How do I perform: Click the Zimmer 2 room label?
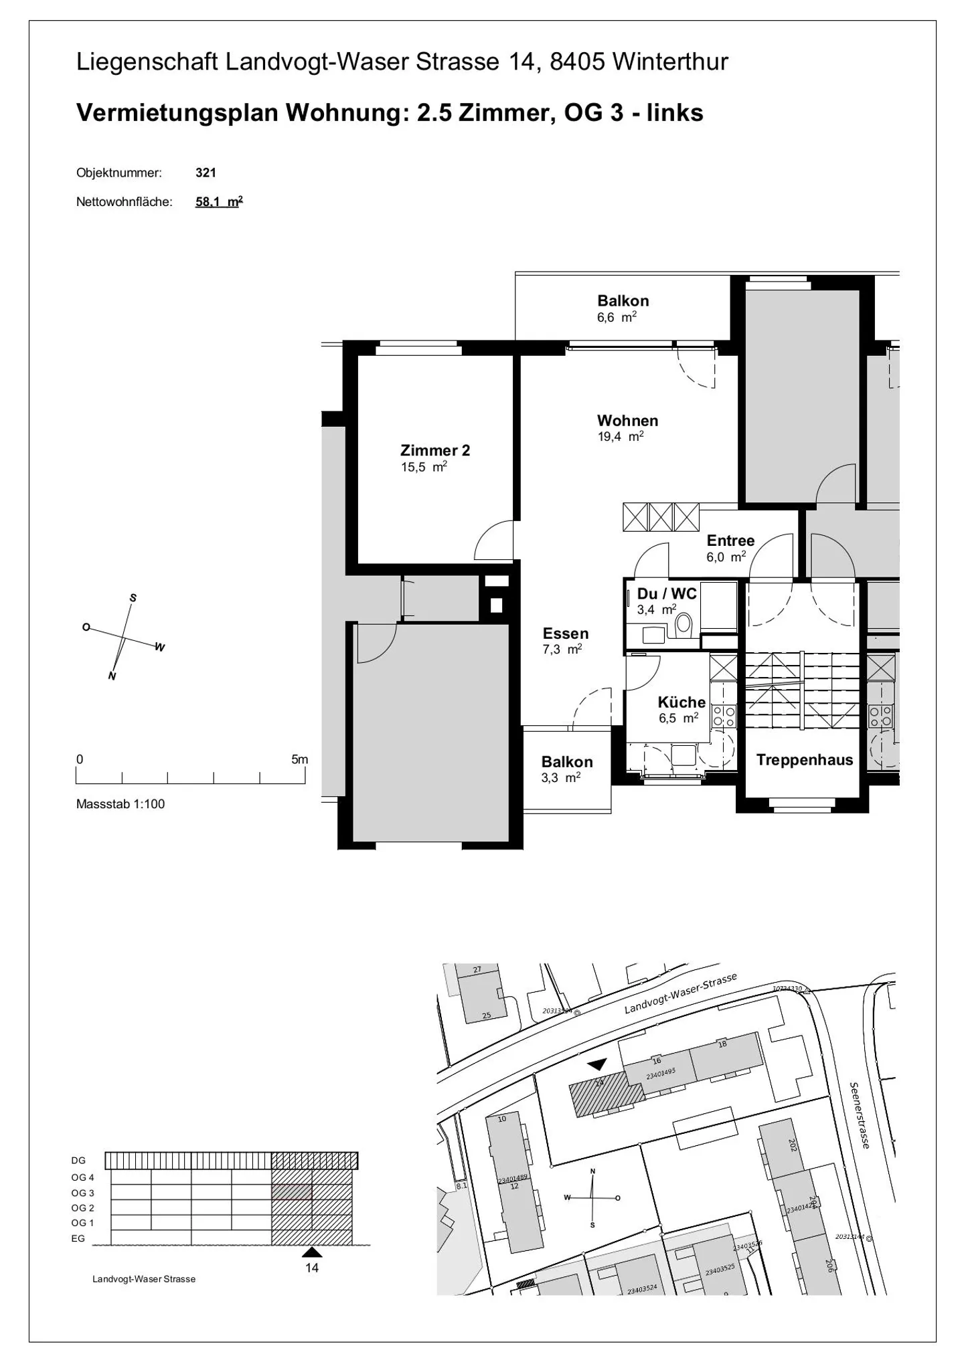tap(435, 450)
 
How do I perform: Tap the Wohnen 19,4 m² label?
tap(627, 427)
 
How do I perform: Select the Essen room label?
tap(565, 634)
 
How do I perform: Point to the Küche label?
tap(681, 702)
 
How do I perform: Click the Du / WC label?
tap(666, 593)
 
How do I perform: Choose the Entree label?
tap(730, 541)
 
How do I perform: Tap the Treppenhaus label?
tap(804, 760)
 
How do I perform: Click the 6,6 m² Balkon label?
tap(623, 308)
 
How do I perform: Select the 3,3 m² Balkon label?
tap(566, 769)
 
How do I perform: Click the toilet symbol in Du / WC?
tap(684, 623)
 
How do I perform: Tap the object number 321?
tap(206, 173)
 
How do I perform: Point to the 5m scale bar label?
tap(299, 759)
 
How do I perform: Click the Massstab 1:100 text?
tap(120, 804)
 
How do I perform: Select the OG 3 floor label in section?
tap(83, 1193)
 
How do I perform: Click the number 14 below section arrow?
tap(312, 1268)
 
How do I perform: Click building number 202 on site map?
tap(792, 1145)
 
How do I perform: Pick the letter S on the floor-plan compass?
tap(133, 598)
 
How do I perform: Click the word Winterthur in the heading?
tap(670, 62)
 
